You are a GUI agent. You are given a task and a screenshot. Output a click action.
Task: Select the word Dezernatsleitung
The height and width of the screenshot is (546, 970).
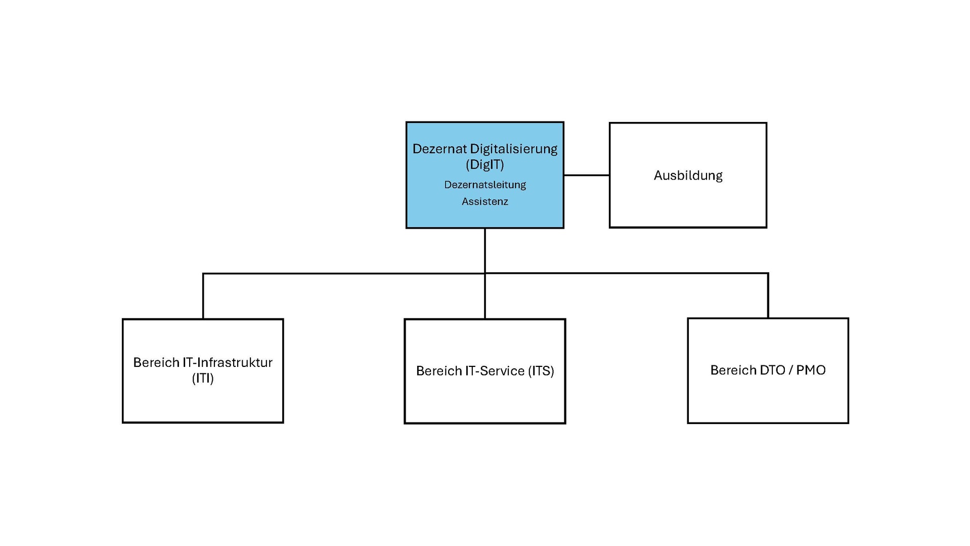484,185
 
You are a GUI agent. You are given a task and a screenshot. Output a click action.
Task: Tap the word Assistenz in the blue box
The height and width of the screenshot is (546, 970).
484,201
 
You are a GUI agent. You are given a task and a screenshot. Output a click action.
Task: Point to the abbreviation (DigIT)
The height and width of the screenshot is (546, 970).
484,164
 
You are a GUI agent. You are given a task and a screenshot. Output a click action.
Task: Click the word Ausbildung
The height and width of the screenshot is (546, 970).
687,176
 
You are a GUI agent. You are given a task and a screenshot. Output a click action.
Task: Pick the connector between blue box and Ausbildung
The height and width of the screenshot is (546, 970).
586,175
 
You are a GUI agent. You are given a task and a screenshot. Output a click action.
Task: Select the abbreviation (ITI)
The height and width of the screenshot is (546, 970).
203,379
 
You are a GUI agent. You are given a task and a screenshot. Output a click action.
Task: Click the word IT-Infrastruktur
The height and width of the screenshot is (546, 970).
227,362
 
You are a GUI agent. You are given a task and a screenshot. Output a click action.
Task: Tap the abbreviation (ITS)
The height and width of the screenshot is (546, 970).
541,371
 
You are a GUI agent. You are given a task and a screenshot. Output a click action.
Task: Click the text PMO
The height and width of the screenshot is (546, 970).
810,370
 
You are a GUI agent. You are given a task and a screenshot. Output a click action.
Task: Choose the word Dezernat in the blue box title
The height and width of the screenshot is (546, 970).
439,149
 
